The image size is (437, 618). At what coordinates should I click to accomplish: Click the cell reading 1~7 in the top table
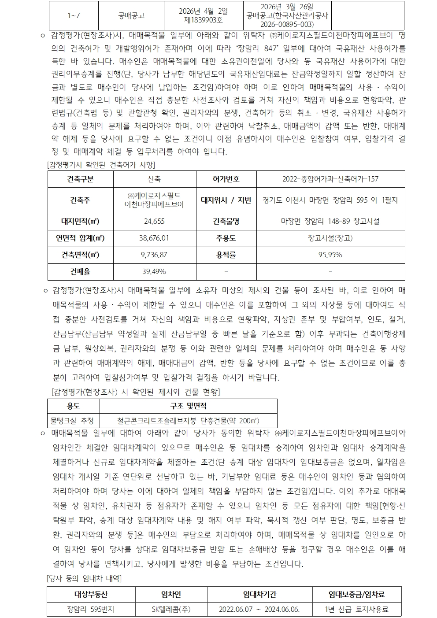point(74,15)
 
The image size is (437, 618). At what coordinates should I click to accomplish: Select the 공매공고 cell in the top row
point(131,15)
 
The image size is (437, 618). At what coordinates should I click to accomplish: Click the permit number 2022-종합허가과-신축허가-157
point(330,179)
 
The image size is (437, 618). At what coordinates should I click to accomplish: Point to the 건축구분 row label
point(80,179)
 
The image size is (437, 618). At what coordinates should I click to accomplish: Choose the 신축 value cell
point(154,179)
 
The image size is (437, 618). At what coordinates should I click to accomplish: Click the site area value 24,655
point(154,221)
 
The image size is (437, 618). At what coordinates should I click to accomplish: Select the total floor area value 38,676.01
point(154,238)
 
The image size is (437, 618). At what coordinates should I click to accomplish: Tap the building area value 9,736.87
point(154,255)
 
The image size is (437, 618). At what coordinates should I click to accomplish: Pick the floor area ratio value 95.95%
point(330,255)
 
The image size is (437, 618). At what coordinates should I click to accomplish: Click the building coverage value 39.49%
point(154,271)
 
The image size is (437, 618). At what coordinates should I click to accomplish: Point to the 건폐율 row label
point(80,271)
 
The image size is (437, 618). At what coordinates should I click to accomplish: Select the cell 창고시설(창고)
point(330,238)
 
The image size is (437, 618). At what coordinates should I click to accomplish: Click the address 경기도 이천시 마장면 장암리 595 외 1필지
point(330,200)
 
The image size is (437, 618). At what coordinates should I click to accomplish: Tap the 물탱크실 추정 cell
point(74,420)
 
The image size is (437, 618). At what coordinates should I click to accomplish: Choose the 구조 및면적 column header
point(188,406)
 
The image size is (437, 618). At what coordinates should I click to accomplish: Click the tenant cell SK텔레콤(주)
point(171,610)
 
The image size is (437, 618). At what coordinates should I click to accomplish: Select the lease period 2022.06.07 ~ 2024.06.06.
point(259,610)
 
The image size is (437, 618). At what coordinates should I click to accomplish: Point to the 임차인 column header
point(171,594)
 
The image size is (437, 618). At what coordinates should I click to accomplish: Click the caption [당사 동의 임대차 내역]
point(84,578)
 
